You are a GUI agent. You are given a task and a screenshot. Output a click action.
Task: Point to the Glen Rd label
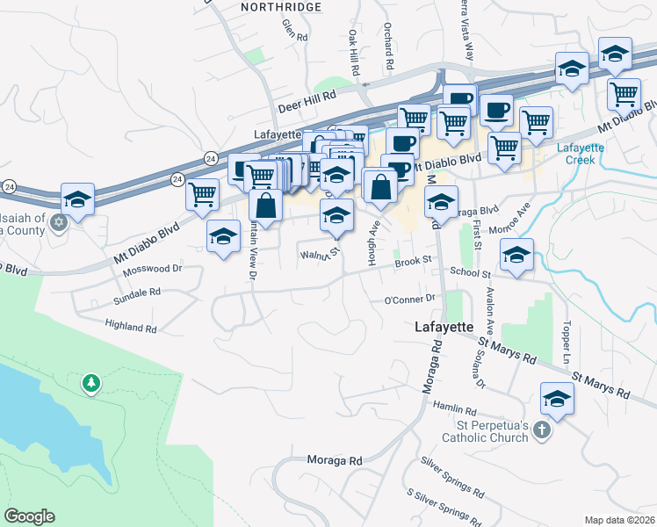[x=294, y=37]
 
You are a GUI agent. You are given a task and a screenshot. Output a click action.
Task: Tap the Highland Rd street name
[x=130, y=327]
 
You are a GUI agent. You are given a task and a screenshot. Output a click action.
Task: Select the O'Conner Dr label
[x=410, y=299]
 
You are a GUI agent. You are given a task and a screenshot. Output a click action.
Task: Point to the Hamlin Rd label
[x=454, y=409]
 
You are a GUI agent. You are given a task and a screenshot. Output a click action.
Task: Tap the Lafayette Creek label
[x=581, y=154]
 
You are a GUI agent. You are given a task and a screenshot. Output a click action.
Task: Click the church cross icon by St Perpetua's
[x=543, y=430]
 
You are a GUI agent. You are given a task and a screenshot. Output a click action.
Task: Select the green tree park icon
[x=90, y=384]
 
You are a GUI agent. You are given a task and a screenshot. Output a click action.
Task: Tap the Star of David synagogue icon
[x=59, y=221]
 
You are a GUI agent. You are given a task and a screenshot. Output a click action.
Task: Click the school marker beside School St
[x=516, y=255]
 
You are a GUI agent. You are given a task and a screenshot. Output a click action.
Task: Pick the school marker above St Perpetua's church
[x=556, y=399]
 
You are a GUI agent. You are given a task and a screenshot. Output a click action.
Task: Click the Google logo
[x=29, y=516]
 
